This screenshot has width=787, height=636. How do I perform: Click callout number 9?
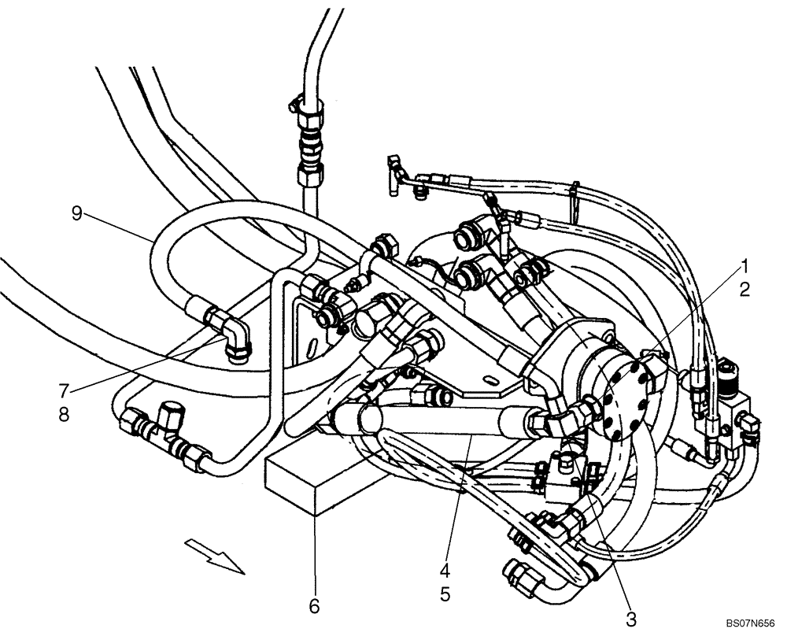[77, 213]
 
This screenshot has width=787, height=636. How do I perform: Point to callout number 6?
[314, 605]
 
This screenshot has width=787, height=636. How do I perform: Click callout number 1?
[744, 265]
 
